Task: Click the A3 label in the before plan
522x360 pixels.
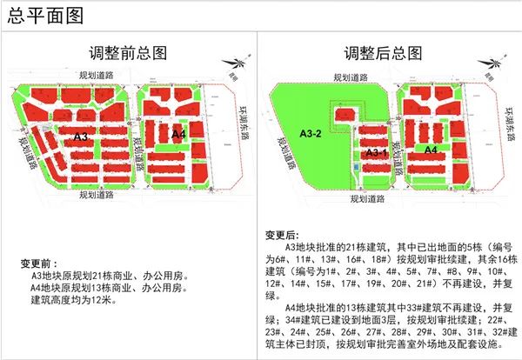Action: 81,137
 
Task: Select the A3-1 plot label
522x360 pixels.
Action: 378,153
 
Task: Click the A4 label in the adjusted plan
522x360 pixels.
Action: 430,150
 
